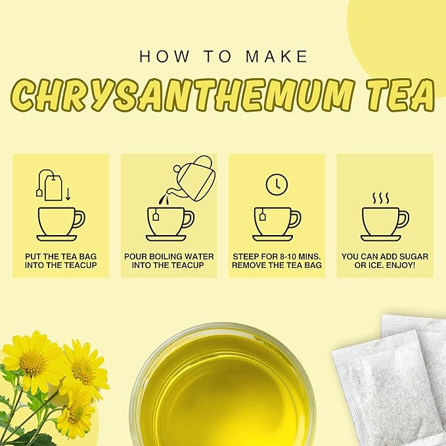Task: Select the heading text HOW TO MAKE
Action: click(223, 56)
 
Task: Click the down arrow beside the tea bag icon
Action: click(68, 193)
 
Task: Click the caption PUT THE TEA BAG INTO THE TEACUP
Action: click(60, 260)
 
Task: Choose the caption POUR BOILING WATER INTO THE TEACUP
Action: click(169, 260)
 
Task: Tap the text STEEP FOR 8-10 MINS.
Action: click(277, 256)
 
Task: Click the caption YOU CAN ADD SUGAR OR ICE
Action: click(384, 260)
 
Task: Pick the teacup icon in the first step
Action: click(60, 223)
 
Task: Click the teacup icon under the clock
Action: click(277, 223)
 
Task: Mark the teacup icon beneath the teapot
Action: click(169, 223)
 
